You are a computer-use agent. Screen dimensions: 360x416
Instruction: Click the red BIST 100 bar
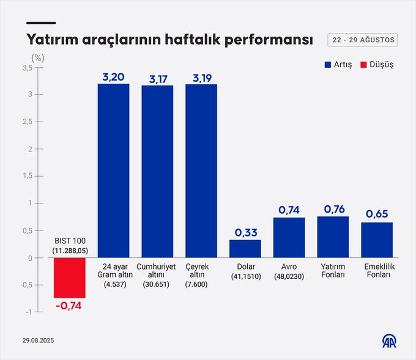pos(70,277)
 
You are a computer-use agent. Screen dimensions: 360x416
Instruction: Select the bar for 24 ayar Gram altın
pos(113,171)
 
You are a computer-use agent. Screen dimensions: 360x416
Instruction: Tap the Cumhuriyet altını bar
pos(157,171)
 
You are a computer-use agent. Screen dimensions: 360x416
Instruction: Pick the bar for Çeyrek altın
pos(201,171)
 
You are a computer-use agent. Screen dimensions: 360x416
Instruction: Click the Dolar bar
pos(245,248)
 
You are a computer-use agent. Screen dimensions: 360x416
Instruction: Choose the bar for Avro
pos(289,237)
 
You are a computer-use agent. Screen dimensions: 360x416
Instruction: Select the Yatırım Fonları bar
pos(333,237)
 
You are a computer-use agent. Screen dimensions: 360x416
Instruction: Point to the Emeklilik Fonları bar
pos(377,240)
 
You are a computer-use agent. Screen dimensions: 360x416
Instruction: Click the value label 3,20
pos(113,76)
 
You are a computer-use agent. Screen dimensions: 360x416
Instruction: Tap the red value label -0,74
pos(70,305)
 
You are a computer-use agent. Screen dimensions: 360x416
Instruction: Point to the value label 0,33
pos(245,232)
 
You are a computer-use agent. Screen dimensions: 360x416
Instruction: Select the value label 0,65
pos(377,215)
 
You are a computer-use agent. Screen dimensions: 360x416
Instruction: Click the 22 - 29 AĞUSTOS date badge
pos(362,40)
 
